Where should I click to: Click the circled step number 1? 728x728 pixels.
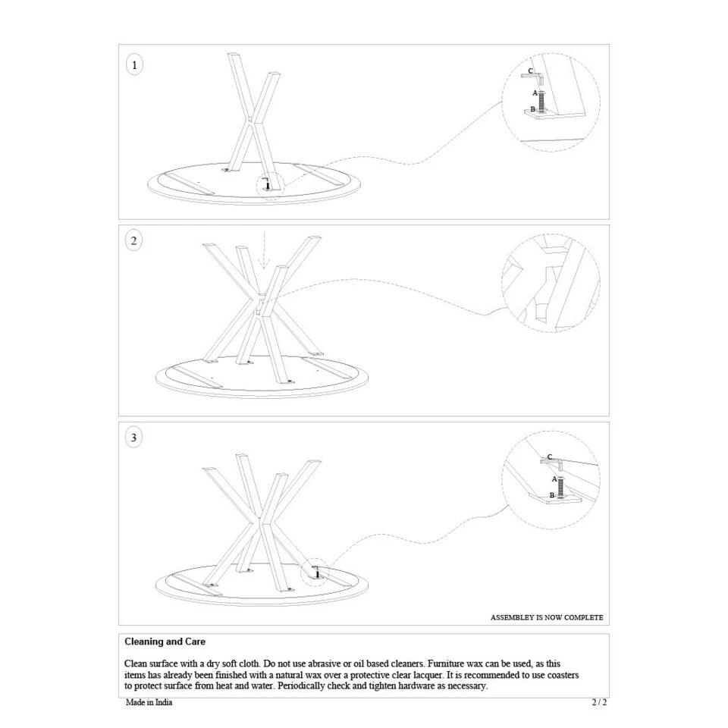click(134, 65)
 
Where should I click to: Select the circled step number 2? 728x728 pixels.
click(134, 241)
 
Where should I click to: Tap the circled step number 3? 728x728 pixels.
click(134, 438)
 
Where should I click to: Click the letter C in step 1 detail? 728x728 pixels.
click(530, 72)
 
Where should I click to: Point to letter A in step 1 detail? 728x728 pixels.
click(535, 93)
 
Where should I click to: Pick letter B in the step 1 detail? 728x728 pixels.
click(532, 110)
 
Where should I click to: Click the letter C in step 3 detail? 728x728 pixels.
click(549, 457)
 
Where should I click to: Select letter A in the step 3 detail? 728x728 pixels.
click(554, 479)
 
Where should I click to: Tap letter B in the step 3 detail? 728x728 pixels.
click(552, 496)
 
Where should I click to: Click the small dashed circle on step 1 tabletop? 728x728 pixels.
click(269, 184)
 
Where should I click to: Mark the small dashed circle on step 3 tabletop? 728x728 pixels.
click(315, 573)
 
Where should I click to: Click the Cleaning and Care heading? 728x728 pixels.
click(165, 642)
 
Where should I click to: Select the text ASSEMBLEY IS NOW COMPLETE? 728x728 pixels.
click(547, 617)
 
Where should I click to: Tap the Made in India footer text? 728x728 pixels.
click(149, 702)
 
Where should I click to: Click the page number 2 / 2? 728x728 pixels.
click(599, 702)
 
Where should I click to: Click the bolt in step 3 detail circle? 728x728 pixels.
click(560, 486)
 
